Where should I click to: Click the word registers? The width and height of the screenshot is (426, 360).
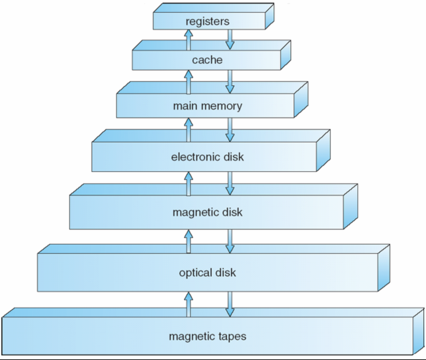pyautogui.click(x=207, y=21)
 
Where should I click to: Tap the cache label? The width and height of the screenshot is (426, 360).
pyautogui.click(x=207, y=60)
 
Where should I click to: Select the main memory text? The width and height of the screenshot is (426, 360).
pyautogui.click(x=207, y=106)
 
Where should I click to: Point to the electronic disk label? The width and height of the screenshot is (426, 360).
pyautogui.click(x=207, y=157)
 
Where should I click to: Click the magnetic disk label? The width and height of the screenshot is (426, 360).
pyautogui.click(x=207, y=212)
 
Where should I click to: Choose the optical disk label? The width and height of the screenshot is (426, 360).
pyautogui.click(x=207, y=272)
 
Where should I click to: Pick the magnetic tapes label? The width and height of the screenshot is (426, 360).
pyautogui.click(x=207, y=336)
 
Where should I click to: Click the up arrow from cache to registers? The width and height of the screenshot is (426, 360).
pyautogui.click(x=188, y=40)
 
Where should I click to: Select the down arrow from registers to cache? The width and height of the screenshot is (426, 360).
pyautogui.click(x=230, y=39)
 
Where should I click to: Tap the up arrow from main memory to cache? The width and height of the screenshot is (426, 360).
pyautogui.click(x=188, y=82)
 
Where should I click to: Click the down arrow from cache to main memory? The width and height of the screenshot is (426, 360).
pyautogui.click(x=230, y=82)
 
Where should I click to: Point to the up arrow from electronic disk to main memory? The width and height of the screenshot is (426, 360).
pyautogui.click(x=188, y=130)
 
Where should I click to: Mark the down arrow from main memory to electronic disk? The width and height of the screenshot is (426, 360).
pyautogui.click(x=230, y=130)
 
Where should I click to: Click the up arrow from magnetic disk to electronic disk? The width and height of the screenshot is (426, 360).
pyautogui.click(x=188, y=184)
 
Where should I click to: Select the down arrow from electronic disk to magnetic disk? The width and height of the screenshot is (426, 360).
pyautogui.click(x=230, y=183)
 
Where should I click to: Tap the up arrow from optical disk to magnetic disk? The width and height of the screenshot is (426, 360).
pyautogui.click(x=188, y=241)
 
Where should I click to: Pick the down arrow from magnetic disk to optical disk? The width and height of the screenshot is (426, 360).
pyautogui.click(x=230, y=241)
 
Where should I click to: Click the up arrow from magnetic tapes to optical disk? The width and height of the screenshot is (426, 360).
pyautogui.click(x=188, y=304)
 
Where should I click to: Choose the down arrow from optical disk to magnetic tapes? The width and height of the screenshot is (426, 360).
pyautogui.click(x=230, y=304)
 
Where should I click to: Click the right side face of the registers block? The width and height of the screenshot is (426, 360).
pyautogui.click(x=269, y=17)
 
